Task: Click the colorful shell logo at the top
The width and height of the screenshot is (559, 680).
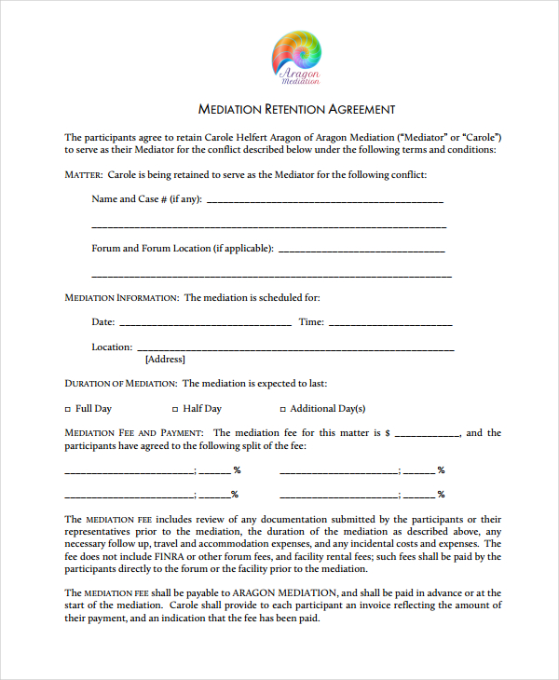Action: tap(296, 56)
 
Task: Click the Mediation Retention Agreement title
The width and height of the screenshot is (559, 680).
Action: tap(297, 109)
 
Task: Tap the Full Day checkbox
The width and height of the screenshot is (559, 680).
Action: tap(67, 409)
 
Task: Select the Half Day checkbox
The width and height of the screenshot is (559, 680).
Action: tap(174, 409)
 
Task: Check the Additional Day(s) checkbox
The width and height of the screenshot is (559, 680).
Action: tap(282, 409)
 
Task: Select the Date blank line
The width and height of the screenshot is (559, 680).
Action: tap(205, 323)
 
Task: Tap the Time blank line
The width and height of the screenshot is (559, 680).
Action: tap(390, 323)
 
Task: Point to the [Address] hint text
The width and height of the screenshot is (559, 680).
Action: tap(165, 360)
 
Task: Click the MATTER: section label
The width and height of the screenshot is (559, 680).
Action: tap(83, 175)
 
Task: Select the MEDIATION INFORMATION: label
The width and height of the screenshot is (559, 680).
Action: tap(121, 298)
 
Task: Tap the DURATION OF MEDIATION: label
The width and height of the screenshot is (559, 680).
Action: tap(120, 384)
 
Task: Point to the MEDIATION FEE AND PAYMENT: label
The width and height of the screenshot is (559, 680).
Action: tap(133, 433)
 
